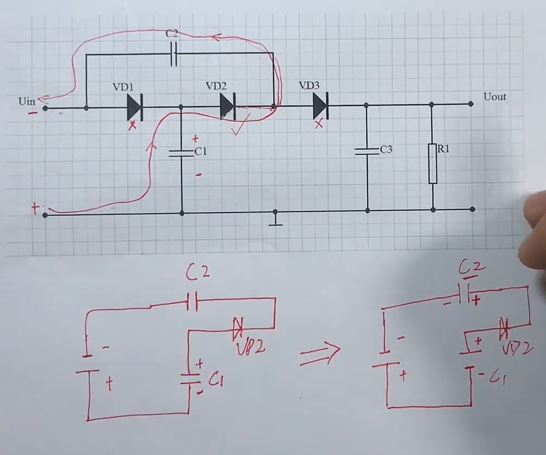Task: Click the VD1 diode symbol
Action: (x=134, y=107)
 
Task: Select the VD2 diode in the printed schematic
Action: (x=228, y=106)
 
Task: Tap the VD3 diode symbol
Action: (x=320, y=105)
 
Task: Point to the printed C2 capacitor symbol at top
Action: (x=173, y=54)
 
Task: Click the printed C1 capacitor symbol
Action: (x=181, y=152)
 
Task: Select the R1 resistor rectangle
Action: (x=433, y=163)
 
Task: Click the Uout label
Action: (x=495, y=97)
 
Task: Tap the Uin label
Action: (x=26, y=101)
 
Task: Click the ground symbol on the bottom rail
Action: (x=276, y=219)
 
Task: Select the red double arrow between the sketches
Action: (x=320, y=354)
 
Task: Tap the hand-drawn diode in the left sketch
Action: (x=238, y=328)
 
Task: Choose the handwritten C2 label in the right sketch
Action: (x=472, y=267)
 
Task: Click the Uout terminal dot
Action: (x=471, y=103)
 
